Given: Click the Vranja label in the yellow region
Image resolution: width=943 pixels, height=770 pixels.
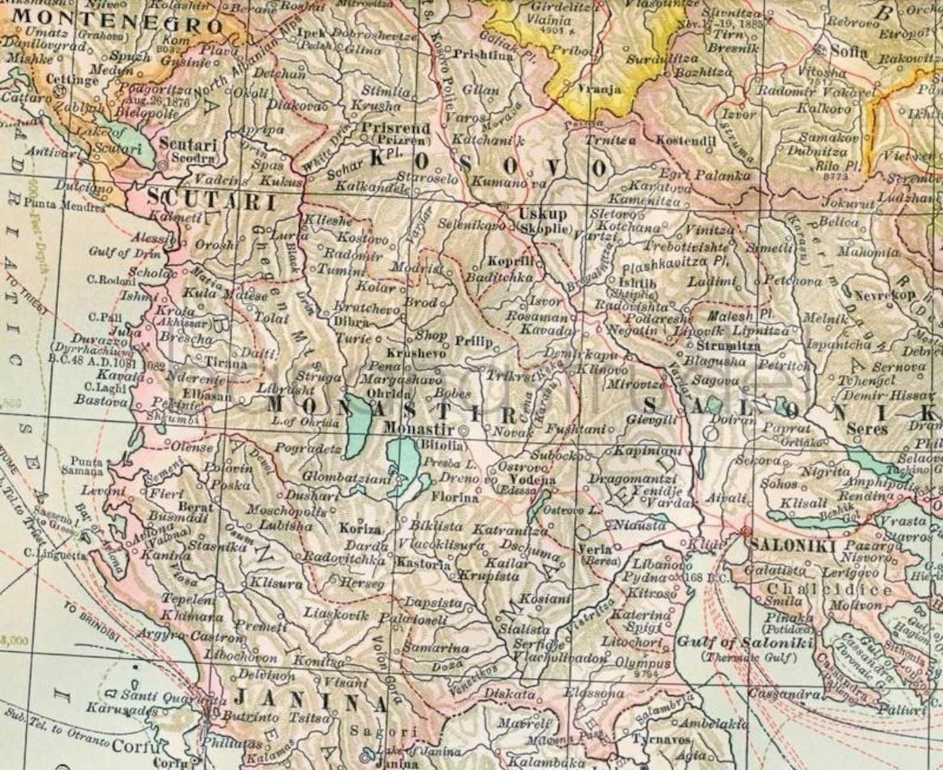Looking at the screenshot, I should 600,90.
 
